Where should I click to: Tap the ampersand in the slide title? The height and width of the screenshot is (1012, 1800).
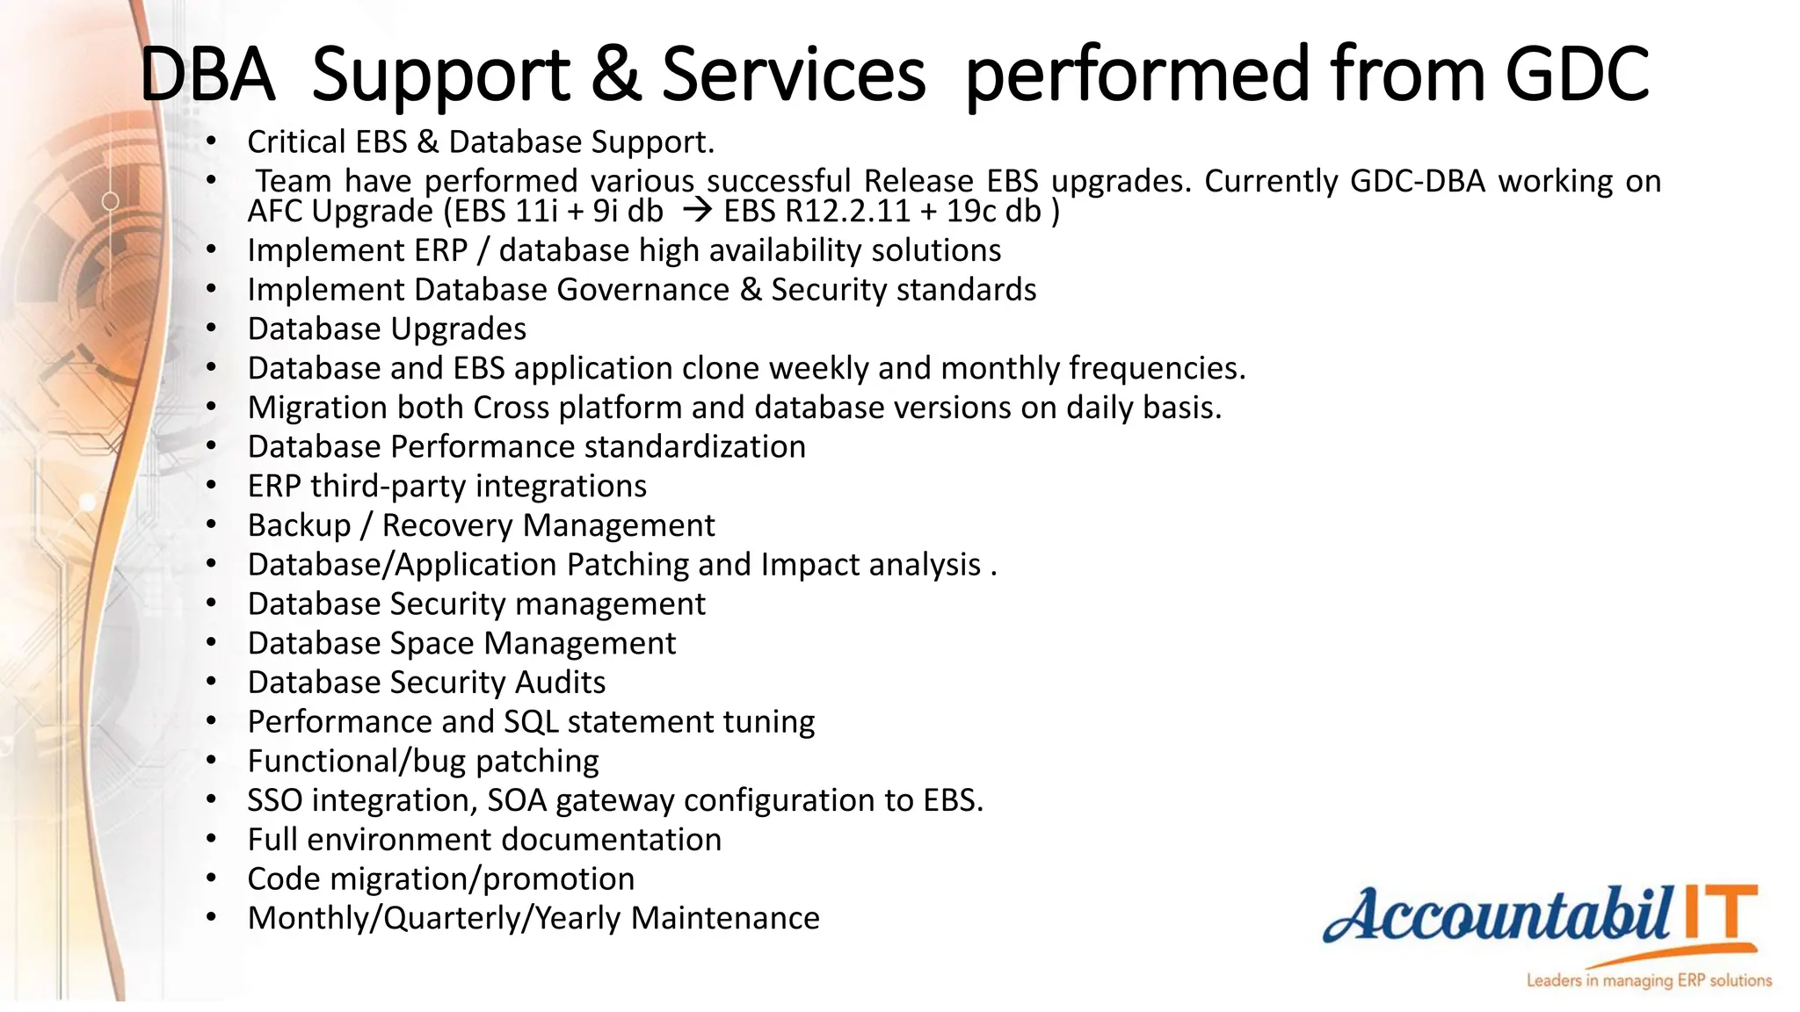pos(614,74)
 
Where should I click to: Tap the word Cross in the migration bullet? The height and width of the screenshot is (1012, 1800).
pos(511,408)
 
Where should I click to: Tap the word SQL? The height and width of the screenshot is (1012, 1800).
pos(531,722)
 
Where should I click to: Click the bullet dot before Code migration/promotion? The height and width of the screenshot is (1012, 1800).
pos(211,878)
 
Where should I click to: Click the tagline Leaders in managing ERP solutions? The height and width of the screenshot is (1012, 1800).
pos(1649,980)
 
